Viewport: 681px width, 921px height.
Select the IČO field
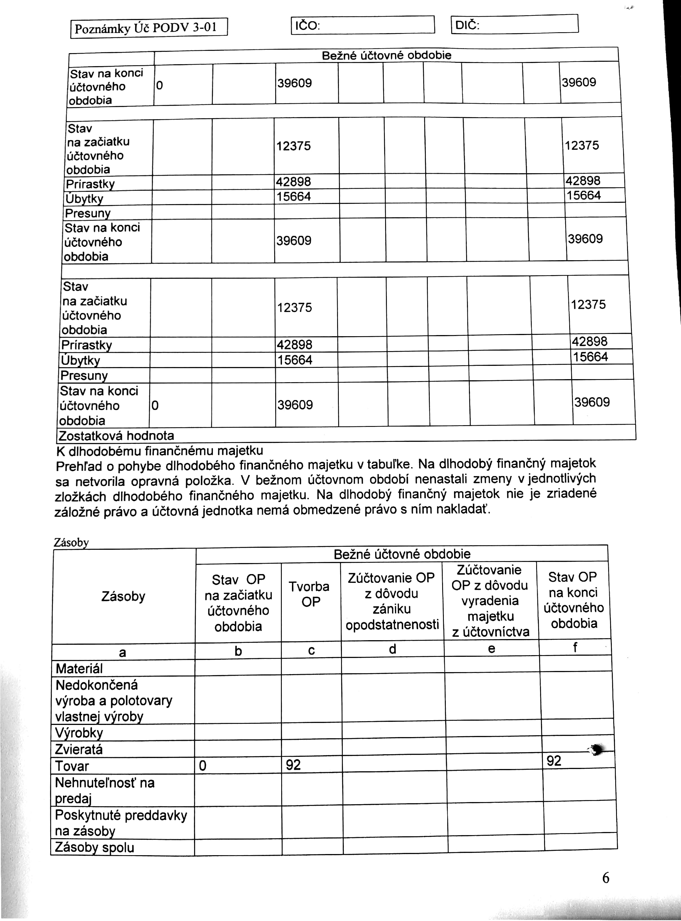pyautogui.click(x=363, y=25)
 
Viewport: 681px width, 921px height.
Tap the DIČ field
pyautogui.click(x=514, y=24)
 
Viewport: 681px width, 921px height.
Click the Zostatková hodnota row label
pyautogui.click(x=116, y=436)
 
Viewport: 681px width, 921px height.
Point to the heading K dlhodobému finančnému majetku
pyautogui.click(x=160, y=450)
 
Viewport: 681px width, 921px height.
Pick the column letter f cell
pyautogui.click(x=575, y=648)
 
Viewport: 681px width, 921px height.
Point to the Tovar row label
pyautogui.click(x=72, y=766)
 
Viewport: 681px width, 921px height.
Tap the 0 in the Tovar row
pyautogui.click(x=202, y=766)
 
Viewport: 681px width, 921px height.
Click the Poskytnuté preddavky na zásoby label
pyautogui.click(x=121, y=823)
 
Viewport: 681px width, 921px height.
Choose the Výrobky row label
pyautogui.click(x=79, y=733)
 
